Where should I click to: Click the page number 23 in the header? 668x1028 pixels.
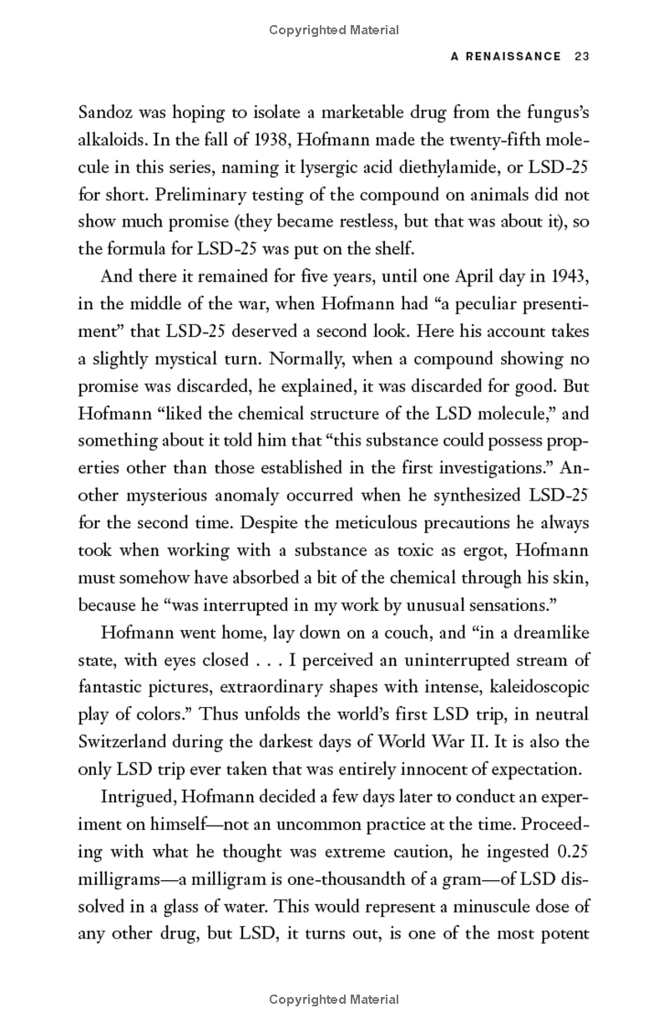tap(582, 57)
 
